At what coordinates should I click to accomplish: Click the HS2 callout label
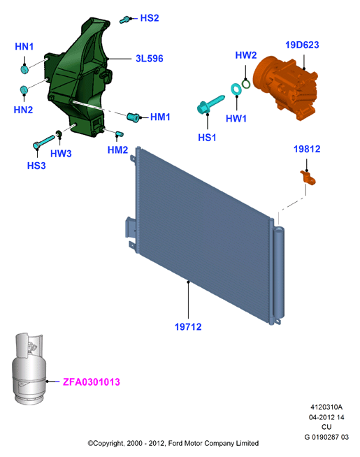[x=150, y=18]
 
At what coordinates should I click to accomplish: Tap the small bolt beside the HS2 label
[x=124, y=20]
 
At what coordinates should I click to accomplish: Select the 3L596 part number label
[x=150, y=59]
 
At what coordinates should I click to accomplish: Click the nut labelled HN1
[x=24, y=70]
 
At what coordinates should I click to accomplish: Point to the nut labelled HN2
[x=24, y=89]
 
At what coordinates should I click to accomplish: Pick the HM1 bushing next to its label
[x=134, y=117]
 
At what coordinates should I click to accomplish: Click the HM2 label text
[x=117, y=150]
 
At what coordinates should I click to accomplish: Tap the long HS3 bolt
[x=44, y=141]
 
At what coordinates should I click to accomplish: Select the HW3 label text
[x=61, y=154]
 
